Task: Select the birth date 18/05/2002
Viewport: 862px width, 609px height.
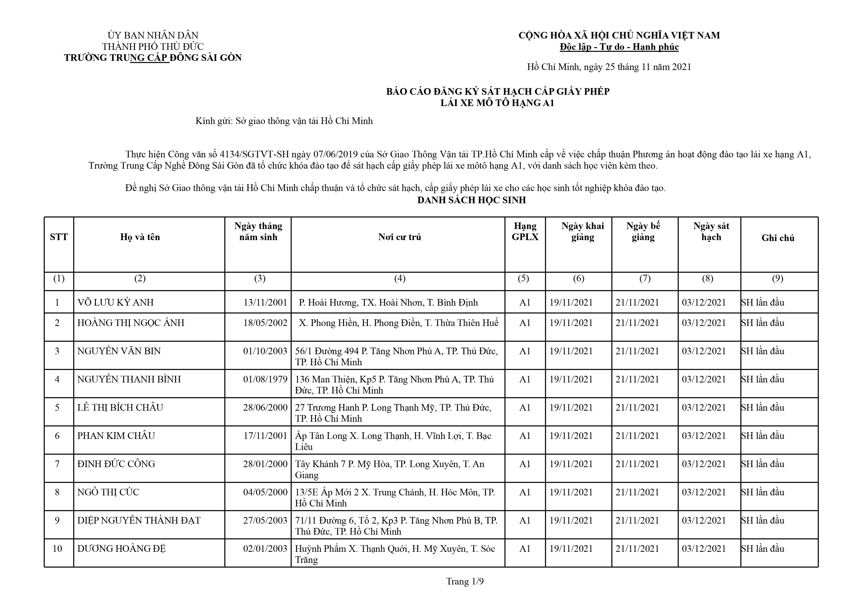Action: coord(265,323)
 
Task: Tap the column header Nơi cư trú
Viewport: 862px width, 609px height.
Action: coord(399,237)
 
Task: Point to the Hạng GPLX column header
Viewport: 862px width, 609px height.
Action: coord(525,231)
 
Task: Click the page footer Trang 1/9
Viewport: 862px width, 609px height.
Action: coord(465,581)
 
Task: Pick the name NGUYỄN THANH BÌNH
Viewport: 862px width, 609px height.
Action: coord(129,379)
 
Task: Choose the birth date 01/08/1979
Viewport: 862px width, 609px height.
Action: coord(265,379)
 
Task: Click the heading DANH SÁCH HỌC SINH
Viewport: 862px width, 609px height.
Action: coord(472,200)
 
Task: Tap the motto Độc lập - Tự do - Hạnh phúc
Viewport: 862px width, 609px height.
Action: coord(619,47)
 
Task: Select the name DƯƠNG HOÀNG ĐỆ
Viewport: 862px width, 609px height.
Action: coord(121,549)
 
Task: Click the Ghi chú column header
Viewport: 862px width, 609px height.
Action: coord(778,238)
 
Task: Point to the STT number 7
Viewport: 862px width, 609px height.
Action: coord(57,464)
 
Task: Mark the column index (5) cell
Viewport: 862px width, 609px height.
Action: coord(523,278)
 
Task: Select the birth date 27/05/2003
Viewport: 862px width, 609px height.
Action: coord(265,520)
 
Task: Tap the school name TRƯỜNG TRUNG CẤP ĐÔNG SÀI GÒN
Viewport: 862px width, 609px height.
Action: coord(153,58)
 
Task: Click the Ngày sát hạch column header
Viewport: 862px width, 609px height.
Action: coord(711,231)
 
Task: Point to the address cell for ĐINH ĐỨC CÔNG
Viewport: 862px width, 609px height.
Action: coord(389,469)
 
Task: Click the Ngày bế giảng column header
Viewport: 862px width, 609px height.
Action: coord(643,231)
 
